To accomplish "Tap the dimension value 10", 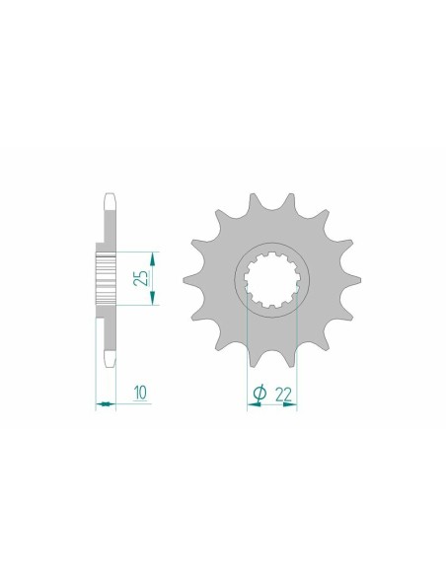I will pos(141,394).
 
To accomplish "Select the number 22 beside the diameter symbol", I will pos(284,394).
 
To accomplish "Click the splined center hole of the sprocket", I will pos(271,278).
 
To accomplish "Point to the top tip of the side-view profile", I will pos(109,194).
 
